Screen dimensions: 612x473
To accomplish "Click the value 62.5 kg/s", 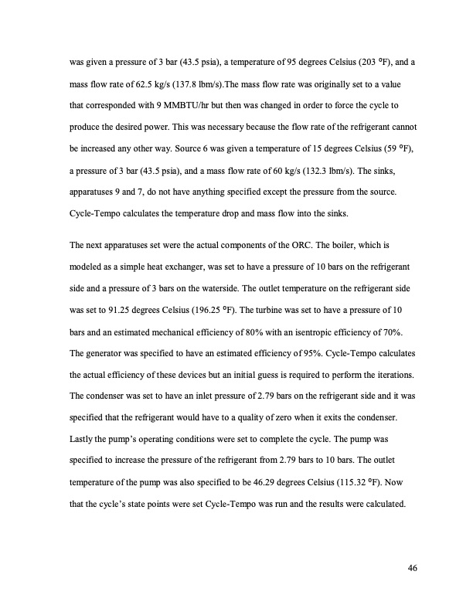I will [161, 80].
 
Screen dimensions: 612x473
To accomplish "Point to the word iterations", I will [379, 375].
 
